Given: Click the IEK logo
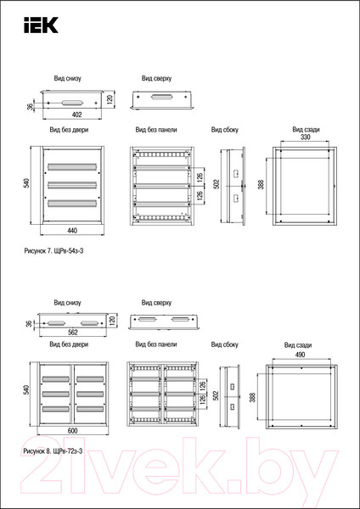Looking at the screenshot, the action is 41,25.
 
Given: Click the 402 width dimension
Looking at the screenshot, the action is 76,115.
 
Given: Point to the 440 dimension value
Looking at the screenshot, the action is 72,231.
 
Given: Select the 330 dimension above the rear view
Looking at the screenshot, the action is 306,137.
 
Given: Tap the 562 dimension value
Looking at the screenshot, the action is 73,332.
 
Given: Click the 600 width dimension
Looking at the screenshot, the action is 73,430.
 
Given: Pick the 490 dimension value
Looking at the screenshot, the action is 300,355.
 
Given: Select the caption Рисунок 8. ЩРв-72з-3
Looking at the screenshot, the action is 53,451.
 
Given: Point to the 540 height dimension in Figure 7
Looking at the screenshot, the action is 27,182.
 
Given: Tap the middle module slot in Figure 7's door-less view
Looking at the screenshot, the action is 72,185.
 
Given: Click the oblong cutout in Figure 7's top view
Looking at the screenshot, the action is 162,97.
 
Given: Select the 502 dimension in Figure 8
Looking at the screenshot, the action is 218,395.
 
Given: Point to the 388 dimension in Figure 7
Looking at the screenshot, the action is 262,184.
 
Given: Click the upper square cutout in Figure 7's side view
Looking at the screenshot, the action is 236,173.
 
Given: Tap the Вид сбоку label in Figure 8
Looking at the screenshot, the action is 224,344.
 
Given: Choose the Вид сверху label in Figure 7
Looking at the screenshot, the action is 156,78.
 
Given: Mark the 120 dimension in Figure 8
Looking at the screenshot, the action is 112,321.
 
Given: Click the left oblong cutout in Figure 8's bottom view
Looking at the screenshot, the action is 57,323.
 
